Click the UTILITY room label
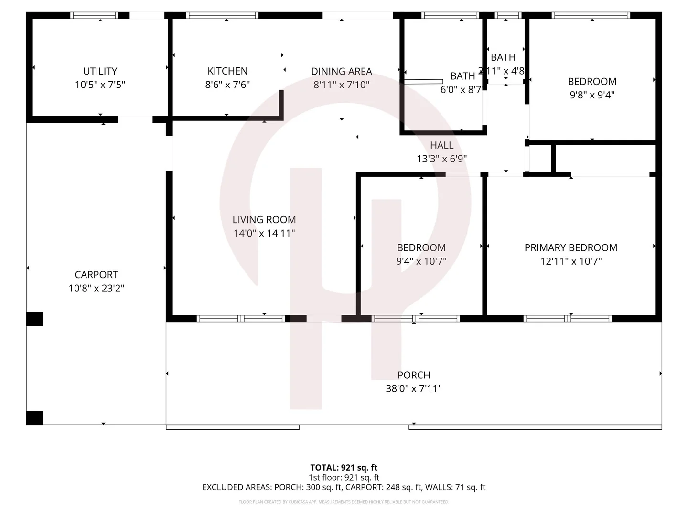pos(100,71)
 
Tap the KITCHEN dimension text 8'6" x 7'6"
pos(227,85)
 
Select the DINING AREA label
pos(341,72)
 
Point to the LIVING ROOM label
pos(264,220)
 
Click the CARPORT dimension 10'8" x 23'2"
pos(96,289)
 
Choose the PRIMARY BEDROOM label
pos(570,247)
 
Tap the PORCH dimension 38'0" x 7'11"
pos(413,389)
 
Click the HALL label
pos(441,145)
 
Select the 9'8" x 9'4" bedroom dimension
pos(591,95)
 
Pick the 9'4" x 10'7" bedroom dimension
pos(421,261)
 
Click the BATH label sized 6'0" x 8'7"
pos(462,76)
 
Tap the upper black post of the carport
pos(34,319)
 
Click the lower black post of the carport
pos(34,418)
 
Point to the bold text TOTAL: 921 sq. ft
pos(344,468)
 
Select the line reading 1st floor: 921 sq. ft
pos(344,477)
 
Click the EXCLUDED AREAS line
pos(344,487)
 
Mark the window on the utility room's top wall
pos(94,16)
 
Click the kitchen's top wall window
pos(222,16)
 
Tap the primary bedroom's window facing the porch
pos(568,319)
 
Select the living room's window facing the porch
pos(241,319)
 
